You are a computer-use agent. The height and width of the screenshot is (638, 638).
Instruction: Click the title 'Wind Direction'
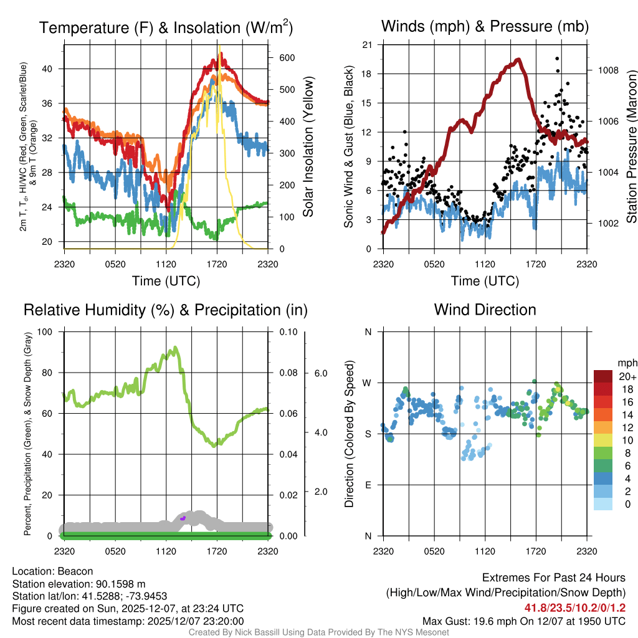coord(485,310)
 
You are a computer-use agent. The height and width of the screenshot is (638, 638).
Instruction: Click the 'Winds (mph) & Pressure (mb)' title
coord(485,26)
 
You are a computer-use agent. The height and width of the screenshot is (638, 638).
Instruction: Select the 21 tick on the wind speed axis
coord(367,45)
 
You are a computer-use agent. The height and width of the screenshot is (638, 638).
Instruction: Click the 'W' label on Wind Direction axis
coord(368,383)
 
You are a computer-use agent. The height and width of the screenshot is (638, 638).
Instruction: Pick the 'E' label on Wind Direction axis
coord(368,485)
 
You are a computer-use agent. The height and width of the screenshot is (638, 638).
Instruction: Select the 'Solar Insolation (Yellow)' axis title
coord(308,147)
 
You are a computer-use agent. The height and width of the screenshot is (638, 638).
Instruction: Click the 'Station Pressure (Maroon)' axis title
coord(631,147)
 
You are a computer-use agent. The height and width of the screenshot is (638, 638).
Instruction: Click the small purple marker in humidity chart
coord(183,518)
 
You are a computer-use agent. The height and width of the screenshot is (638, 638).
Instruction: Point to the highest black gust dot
coord(556,58)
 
